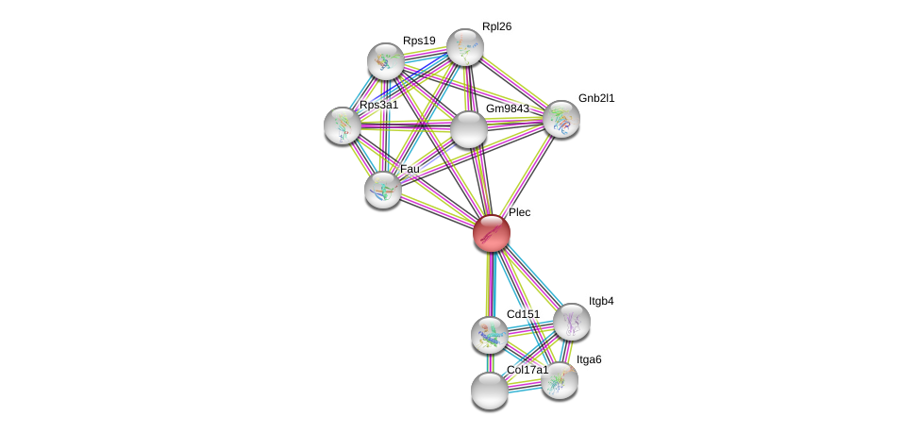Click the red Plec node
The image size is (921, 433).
(491, 233)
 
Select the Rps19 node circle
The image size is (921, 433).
(386, 61)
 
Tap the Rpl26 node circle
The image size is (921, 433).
(464, 47)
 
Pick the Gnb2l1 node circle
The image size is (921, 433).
(561, 119)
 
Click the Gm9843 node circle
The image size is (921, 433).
(468, 129)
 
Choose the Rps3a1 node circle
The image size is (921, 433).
(342, 125)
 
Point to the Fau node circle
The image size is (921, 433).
(383, 189)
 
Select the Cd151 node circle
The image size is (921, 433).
(489, 333)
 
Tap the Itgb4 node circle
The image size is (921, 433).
(571, 322)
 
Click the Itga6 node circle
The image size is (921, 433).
(560, 379)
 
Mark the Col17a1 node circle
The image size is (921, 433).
(489, 390)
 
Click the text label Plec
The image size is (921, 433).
(520, 213)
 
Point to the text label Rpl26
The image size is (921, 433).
(496, 26)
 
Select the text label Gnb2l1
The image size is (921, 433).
(596, 98)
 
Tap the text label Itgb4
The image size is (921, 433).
(601, 302)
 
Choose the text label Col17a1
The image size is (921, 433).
(527, 370)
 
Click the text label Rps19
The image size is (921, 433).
(419, 41)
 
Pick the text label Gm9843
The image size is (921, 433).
(508, 108)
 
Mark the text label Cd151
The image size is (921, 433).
(523, 313)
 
